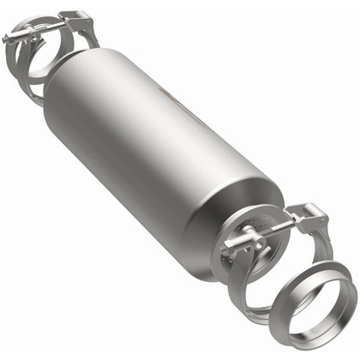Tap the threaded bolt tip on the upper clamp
[x=8, y=38]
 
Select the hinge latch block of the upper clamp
[x=78, y=19]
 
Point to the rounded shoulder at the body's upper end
[x=64, y=73]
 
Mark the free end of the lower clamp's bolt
[x=225, y=248]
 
